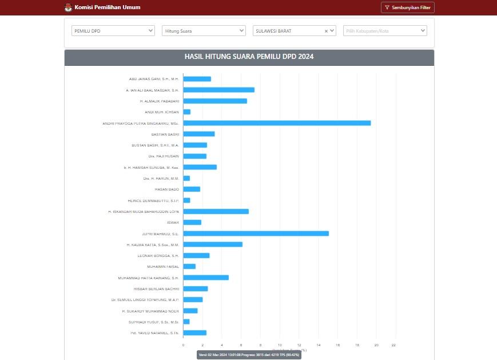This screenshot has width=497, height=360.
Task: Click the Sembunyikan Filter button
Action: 407,7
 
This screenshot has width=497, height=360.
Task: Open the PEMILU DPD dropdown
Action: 113,31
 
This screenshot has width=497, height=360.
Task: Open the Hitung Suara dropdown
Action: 204,31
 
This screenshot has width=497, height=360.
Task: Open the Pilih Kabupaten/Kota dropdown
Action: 384,31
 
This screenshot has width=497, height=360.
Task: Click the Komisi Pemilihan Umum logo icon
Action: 69,7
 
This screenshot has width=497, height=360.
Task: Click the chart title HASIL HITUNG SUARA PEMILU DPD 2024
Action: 249,57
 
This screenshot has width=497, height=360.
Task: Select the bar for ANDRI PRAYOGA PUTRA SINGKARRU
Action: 277,123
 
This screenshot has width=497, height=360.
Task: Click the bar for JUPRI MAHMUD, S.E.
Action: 256,234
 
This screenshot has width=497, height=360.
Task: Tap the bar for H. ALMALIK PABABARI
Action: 215,101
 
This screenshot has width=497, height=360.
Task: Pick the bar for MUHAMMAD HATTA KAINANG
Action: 206,278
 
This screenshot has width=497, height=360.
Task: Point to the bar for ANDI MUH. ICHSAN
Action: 187,112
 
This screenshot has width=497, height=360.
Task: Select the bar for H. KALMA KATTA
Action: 213,244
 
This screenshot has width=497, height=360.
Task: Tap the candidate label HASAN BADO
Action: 167,189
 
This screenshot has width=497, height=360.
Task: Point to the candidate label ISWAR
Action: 173,223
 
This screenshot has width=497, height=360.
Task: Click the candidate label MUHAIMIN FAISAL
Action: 163,267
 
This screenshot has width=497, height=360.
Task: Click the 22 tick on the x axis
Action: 393,345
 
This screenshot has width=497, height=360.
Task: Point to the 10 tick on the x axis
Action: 280,345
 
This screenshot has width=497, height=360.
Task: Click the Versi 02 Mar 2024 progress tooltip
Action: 249,355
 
